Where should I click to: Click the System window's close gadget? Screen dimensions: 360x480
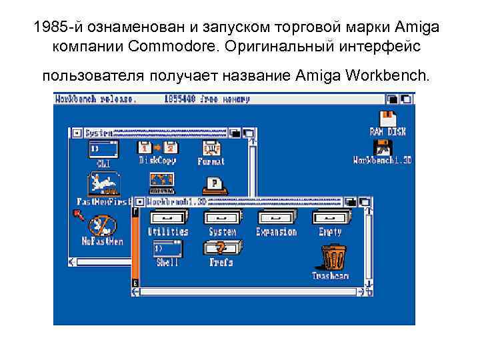(x=77, y=133)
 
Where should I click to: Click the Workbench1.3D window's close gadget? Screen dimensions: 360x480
(x=139, y=201)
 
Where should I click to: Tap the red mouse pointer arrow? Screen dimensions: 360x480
(x=78, y=215)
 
